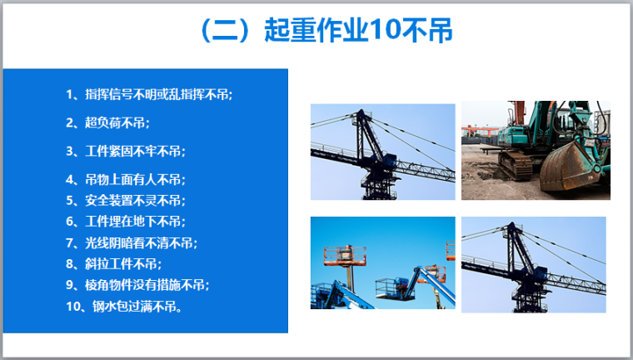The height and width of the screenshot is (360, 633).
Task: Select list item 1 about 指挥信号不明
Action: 149,94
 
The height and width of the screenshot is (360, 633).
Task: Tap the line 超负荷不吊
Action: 107,122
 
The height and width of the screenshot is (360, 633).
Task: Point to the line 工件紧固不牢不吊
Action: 126,151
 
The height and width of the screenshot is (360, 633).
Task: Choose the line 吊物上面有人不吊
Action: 126,179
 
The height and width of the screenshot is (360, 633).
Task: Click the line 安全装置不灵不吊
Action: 126,200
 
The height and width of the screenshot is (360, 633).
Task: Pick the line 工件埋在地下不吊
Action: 126,222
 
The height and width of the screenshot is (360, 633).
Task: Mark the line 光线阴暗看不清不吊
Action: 132,242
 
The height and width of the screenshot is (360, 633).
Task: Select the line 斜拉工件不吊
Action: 113,264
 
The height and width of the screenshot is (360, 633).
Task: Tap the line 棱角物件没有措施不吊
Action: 137,285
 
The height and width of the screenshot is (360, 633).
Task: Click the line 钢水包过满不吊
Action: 124,307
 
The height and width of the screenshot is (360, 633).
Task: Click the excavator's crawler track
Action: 515,164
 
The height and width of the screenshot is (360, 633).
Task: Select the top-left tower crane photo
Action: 382,152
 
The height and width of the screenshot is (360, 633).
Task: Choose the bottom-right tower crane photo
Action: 534,265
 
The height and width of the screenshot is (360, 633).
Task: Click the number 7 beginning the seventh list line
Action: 69,243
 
